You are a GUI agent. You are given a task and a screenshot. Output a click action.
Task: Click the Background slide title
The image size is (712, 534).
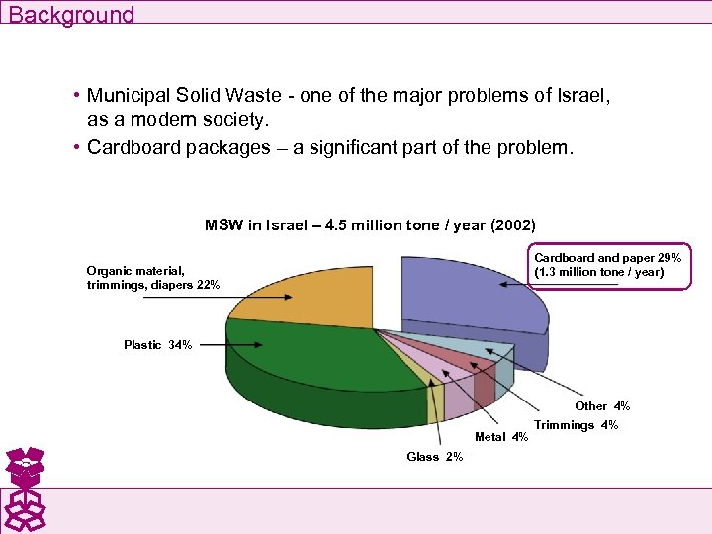click(x=71, y=14)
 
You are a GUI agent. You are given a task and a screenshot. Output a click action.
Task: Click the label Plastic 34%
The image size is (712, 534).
click(x=157, y=345)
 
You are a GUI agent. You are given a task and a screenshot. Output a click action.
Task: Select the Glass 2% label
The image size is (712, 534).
click(x=434, y=457)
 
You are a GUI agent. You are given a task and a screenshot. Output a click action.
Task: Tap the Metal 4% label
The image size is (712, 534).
click(x=501, y=437)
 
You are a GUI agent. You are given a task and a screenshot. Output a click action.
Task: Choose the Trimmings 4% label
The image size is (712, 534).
click(x=576, y=425)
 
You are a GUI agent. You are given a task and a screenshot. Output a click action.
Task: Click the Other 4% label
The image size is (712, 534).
click(x=601, y=406)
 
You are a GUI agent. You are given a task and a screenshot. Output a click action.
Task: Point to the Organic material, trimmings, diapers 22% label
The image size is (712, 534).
click(x=152, y=277)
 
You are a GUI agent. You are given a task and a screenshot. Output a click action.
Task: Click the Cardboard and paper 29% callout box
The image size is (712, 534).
click(x=607, y=265)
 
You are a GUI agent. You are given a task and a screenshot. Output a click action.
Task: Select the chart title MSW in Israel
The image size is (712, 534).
click(x=370, y=225)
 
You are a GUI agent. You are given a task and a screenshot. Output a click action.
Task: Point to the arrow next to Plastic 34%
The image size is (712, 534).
click(x=233, y=345)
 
